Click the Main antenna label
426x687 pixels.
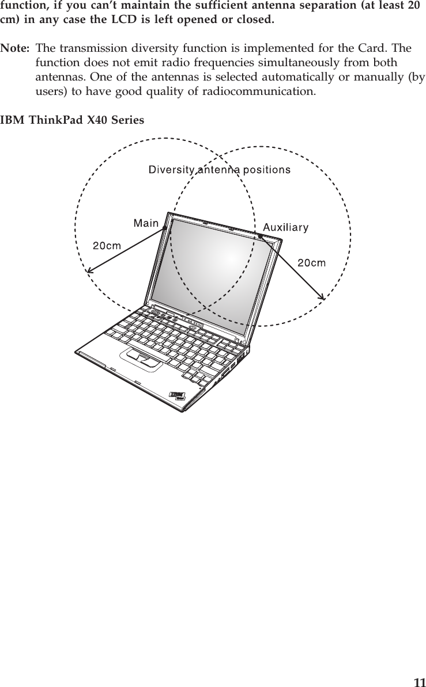pyautogui.click(x=146, y=222)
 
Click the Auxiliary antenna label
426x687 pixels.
pyautogui.click(x=286, y=227)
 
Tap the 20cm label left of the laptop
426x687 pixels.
pyautogui.click(x=107, y=245)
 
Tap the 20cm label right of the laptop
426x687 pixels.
pyautogui.click(x=311, y=263)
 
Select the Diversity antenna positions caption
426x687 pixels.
pyautogui.click(x=220, y=170)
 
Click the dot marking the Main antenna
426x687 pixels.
pyautogui.click(x=164, y=228)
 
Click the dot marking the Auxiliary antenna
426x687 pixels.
pyautogui.click(x=261, y=235)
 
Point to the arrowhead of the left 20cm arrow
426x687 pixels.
pyautogui.click(x=88, y=270)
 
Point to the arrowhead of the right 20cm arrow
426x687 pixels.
pyautogui.click(x=323, y=297)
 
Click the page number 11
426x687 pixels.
pyautogui.click(x=419, y=682)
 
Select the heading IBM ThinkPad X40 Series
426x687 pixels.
pyautogui.click(x=73, y=120)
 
